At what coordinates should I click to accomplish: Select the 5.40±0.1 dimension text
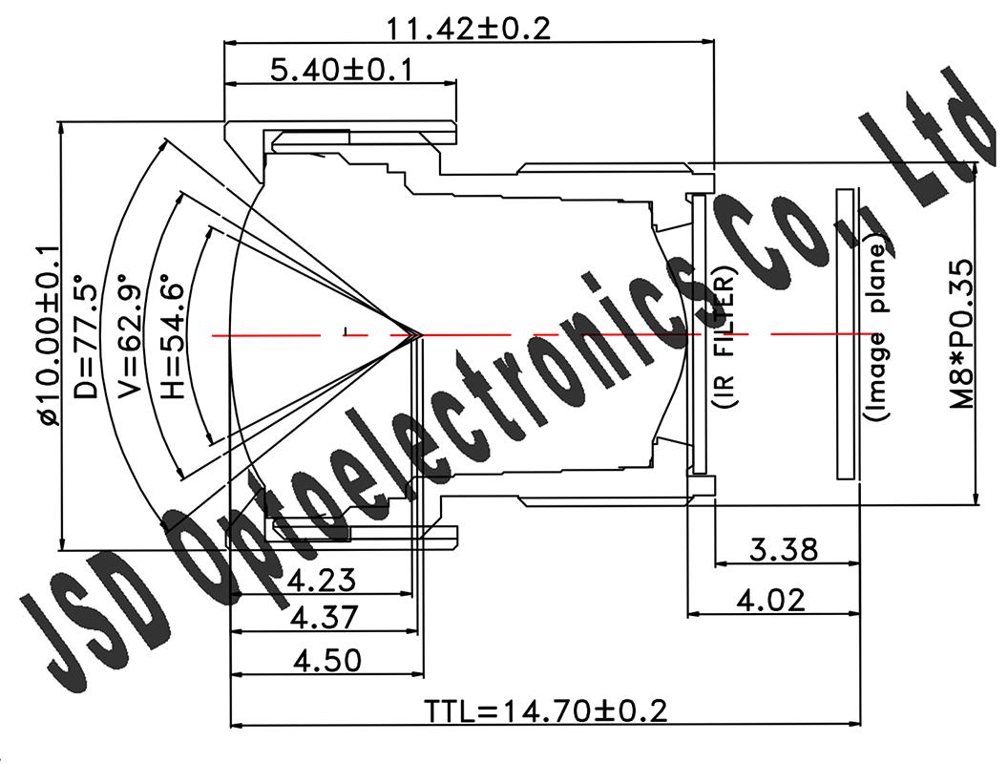tap(341, 71)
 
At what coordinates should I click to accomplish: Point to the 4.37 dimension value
tap(324, 618)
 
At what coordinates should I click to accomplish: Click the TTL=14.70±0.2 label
tap(545, 711)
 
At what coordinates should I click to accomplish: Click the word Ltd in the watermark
tap(940, 124)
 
